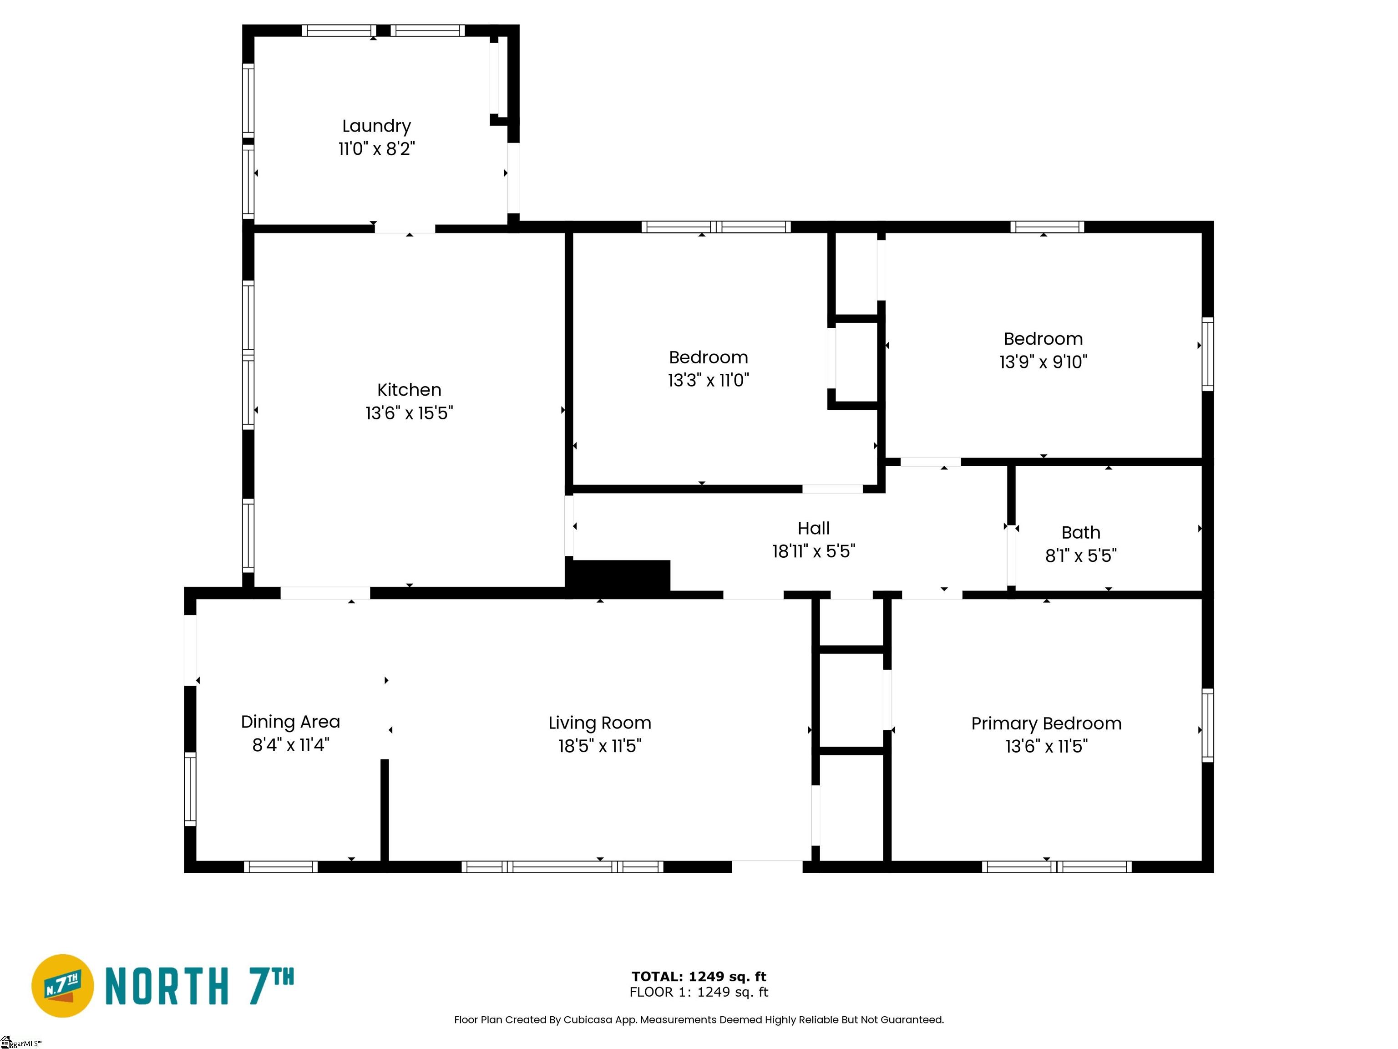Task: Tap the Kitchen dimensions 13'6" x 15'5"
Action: click(x=409, y=413)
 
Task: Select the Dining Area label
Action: click(x=291, y=722)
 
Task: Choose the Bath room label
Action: click(x=1081, y=532)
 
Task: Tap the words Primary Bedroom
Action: click(x=1047, y=723)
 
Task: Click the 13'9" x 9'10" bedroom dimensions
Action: click(x=1043, y=362)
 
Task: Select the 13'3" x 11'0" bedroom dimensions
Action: click(x=709, y=380)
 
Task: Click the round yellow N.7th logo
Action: click(x=62, y=986)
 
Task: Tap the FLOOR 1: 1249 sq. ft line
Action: click(x=699, y=992)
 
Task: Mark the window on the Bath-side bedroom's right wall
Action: click(x=1207, y=354)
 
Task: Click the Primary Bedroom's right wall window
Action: click(x=1207, y=725)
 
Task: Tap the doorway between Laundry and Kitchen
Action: click(x=405, y=228)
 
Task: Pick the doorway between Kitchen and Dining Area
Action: click(x=325, y=593)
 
